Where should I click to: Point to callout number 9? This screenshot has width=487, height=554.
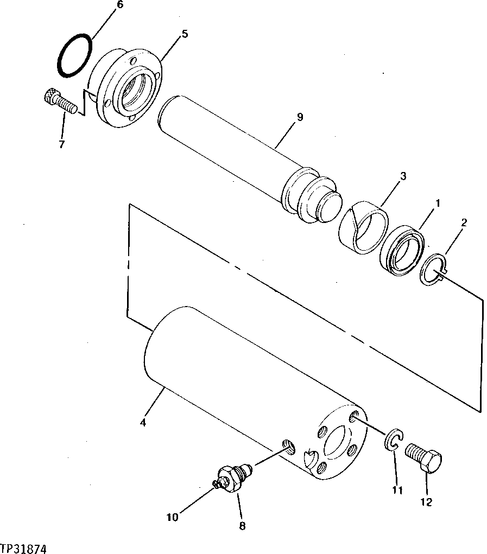300,117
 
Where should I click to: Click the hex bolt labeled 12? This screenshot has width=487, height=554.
425,458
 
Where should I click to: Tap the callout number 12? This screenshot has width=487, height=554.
426,502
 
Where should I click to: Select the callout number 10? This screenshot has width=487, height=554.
172,517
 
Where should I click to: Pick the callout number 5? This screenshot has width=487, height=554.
185,34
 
